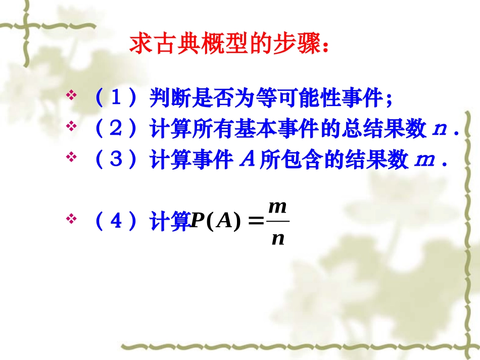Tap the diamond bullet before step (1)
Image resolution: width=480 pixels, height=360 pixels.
point(71,95)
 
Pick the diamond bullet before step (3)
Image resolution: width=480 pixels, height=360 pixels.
point(71,157)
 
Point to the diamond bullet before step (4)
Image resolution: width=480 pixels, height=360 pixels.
point(71,219)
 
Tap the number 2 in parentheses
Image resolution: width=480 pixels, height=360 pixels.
point(116,129)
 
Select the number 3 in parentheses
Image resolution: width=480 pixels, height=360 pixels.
point(116,160)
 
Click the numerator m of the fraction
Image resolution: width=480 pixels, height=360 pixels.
point(277,207)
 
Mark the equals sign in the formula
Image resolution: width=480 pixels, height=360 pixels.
point(257,222)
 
